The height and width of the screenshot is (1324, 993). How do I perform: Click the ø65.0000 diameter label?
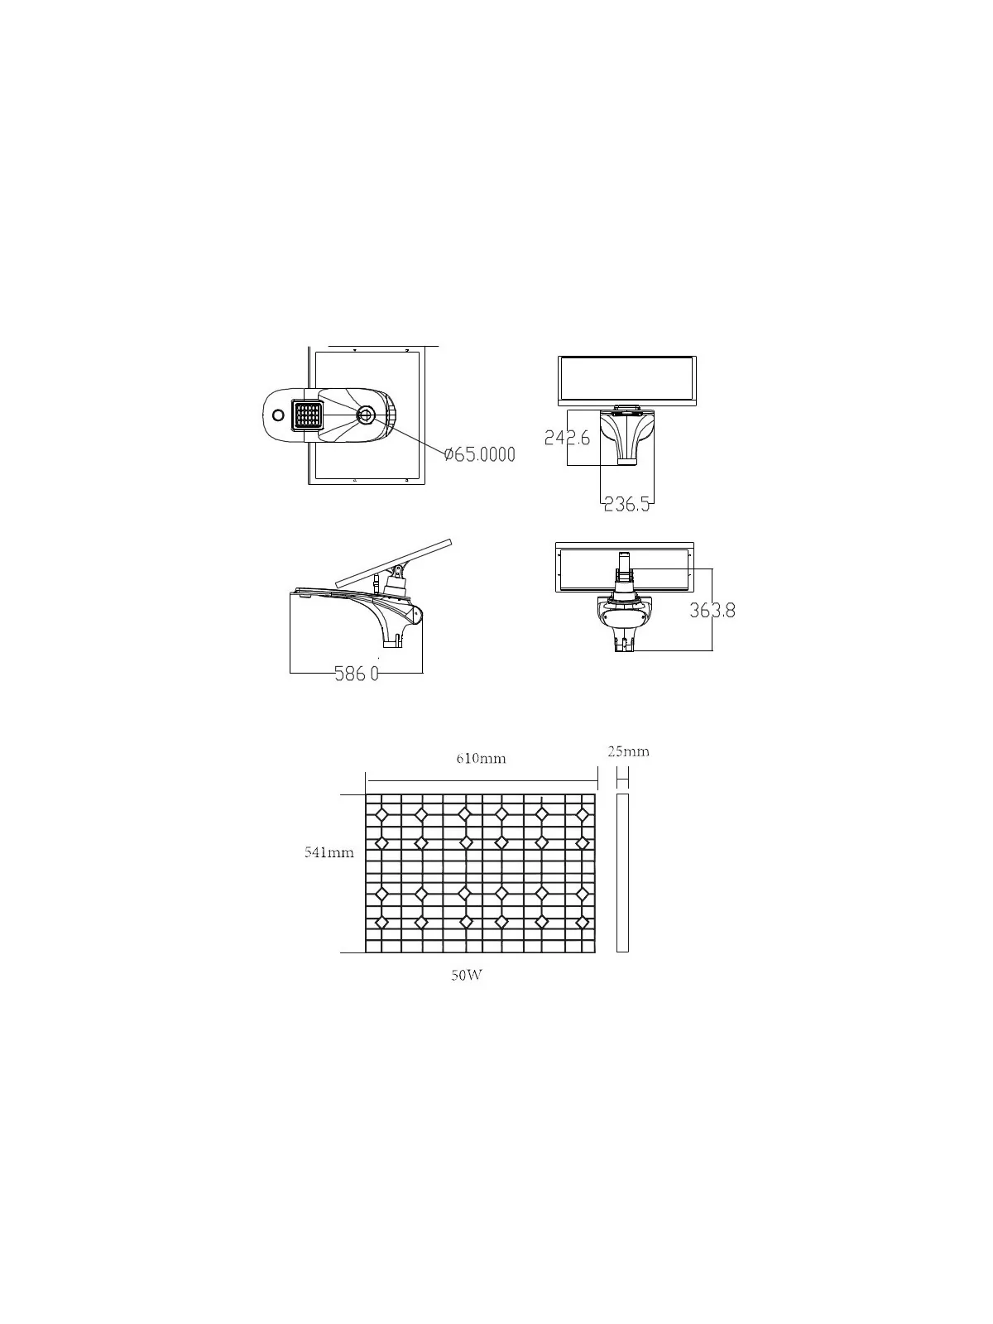(479, 454)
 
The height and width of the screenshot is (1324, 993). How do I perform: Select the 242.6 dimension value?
(567, 437)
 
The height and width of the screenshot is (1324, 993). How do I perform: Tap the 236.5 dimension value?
(627, 504)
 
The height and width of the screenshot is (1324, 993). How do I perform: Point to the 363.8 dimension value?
(712, 611)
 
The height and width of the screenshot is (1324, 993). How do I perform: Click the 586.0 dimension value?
(357, 674)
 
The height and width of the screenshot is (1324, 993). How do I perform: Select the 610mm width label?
(481, 758)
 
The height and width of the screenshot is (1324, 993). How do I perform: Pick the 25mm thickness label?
(628, 751)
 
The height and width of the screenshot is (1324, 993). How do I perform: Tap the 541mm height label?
(329, 852)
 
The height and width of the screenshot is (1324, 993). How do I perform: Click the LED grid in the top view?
(308, 415)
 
